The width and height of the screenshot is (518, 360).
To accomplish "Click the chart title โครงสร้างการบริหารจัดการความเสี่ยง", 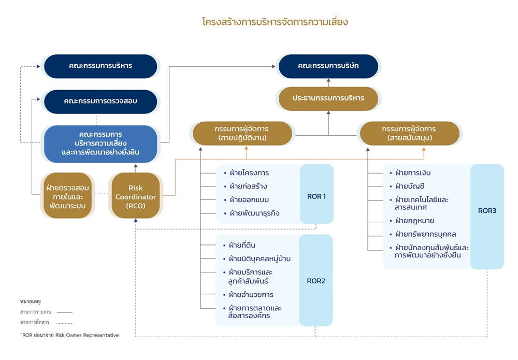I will [275, 22].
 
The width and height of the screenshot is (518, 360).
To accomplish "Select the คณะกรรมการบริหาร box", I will [100, 66].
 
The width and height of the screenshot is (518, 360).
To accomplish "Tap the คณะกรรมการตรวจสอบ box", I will [100, 101].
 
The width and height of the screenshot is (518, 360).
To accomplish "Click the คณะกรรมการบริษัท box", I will [328, 66].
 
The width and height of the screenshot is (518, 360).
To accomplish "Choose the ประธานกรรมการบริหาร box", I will [328, 98].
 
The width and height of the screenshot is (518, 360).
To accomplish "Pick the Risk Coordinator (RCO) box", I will [135, 197].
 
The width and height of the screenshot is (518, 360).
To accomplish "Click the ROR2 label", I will [315, 281].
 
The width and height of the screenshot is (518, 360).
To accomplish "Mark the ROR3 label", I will [487, 211].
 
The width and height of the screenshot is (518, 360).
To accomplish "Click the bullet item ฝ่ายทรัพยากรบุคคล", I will [425, 234].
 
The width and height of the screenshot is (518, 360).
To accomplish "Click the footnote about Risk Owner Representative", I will [69, 335].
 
